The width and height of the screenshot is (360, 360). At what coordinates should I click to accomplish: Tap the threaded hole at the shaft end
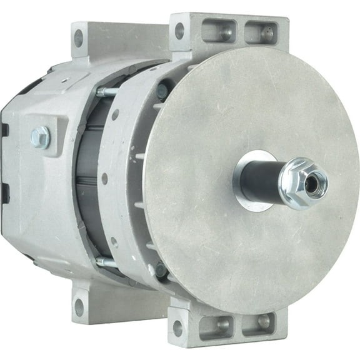[312, 181]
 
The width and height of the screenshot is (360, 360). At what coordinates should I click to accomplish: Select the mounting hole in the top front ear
[179, 29]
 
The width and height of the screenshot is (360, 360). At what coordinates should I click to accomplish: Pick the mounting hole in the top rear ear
[79, 38]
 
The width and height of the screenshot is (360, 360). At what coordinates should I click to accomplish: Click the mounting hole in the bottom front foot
[178, 327]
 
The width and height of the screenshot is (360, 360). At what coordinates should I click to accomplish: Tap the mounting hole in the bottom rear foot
[79, 307]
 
